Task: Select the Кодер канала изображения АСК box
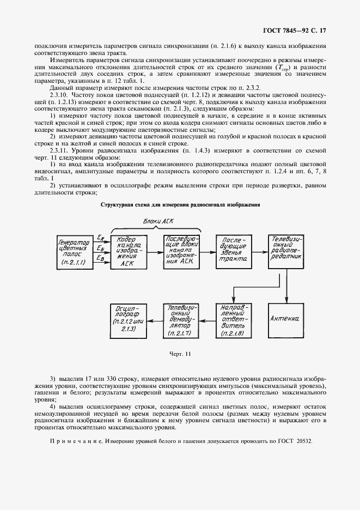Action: pos(126,252)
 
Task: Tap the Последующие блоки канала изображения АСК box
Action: pos(182,252)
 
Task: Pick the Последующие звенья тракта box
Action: pos(234,252)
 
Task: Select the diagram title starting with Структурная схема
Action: pos(180,205)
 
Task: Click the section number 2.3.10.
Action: pos(59,94)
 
